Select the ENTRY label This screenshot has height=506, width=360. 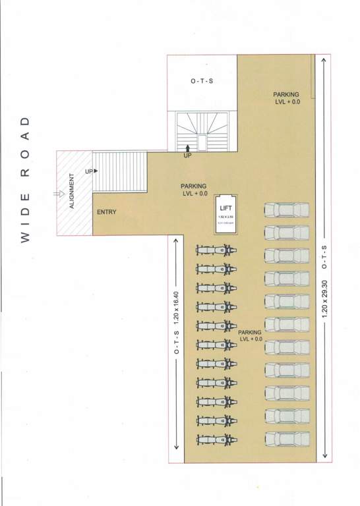(x=106, y=212)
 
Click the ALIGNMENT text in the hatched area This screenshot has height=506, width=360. (x=72, y=190)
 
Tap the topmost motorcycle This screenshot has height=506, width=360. (x=215, y=250)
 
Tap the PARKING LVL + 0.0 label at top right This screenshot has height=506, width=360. (x=287, y=98)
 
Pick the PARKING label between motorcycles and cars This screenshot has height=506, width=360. (x=250, y=335)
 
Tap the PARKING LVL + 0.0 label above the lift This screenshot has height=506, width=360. (x=195, y=190)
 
